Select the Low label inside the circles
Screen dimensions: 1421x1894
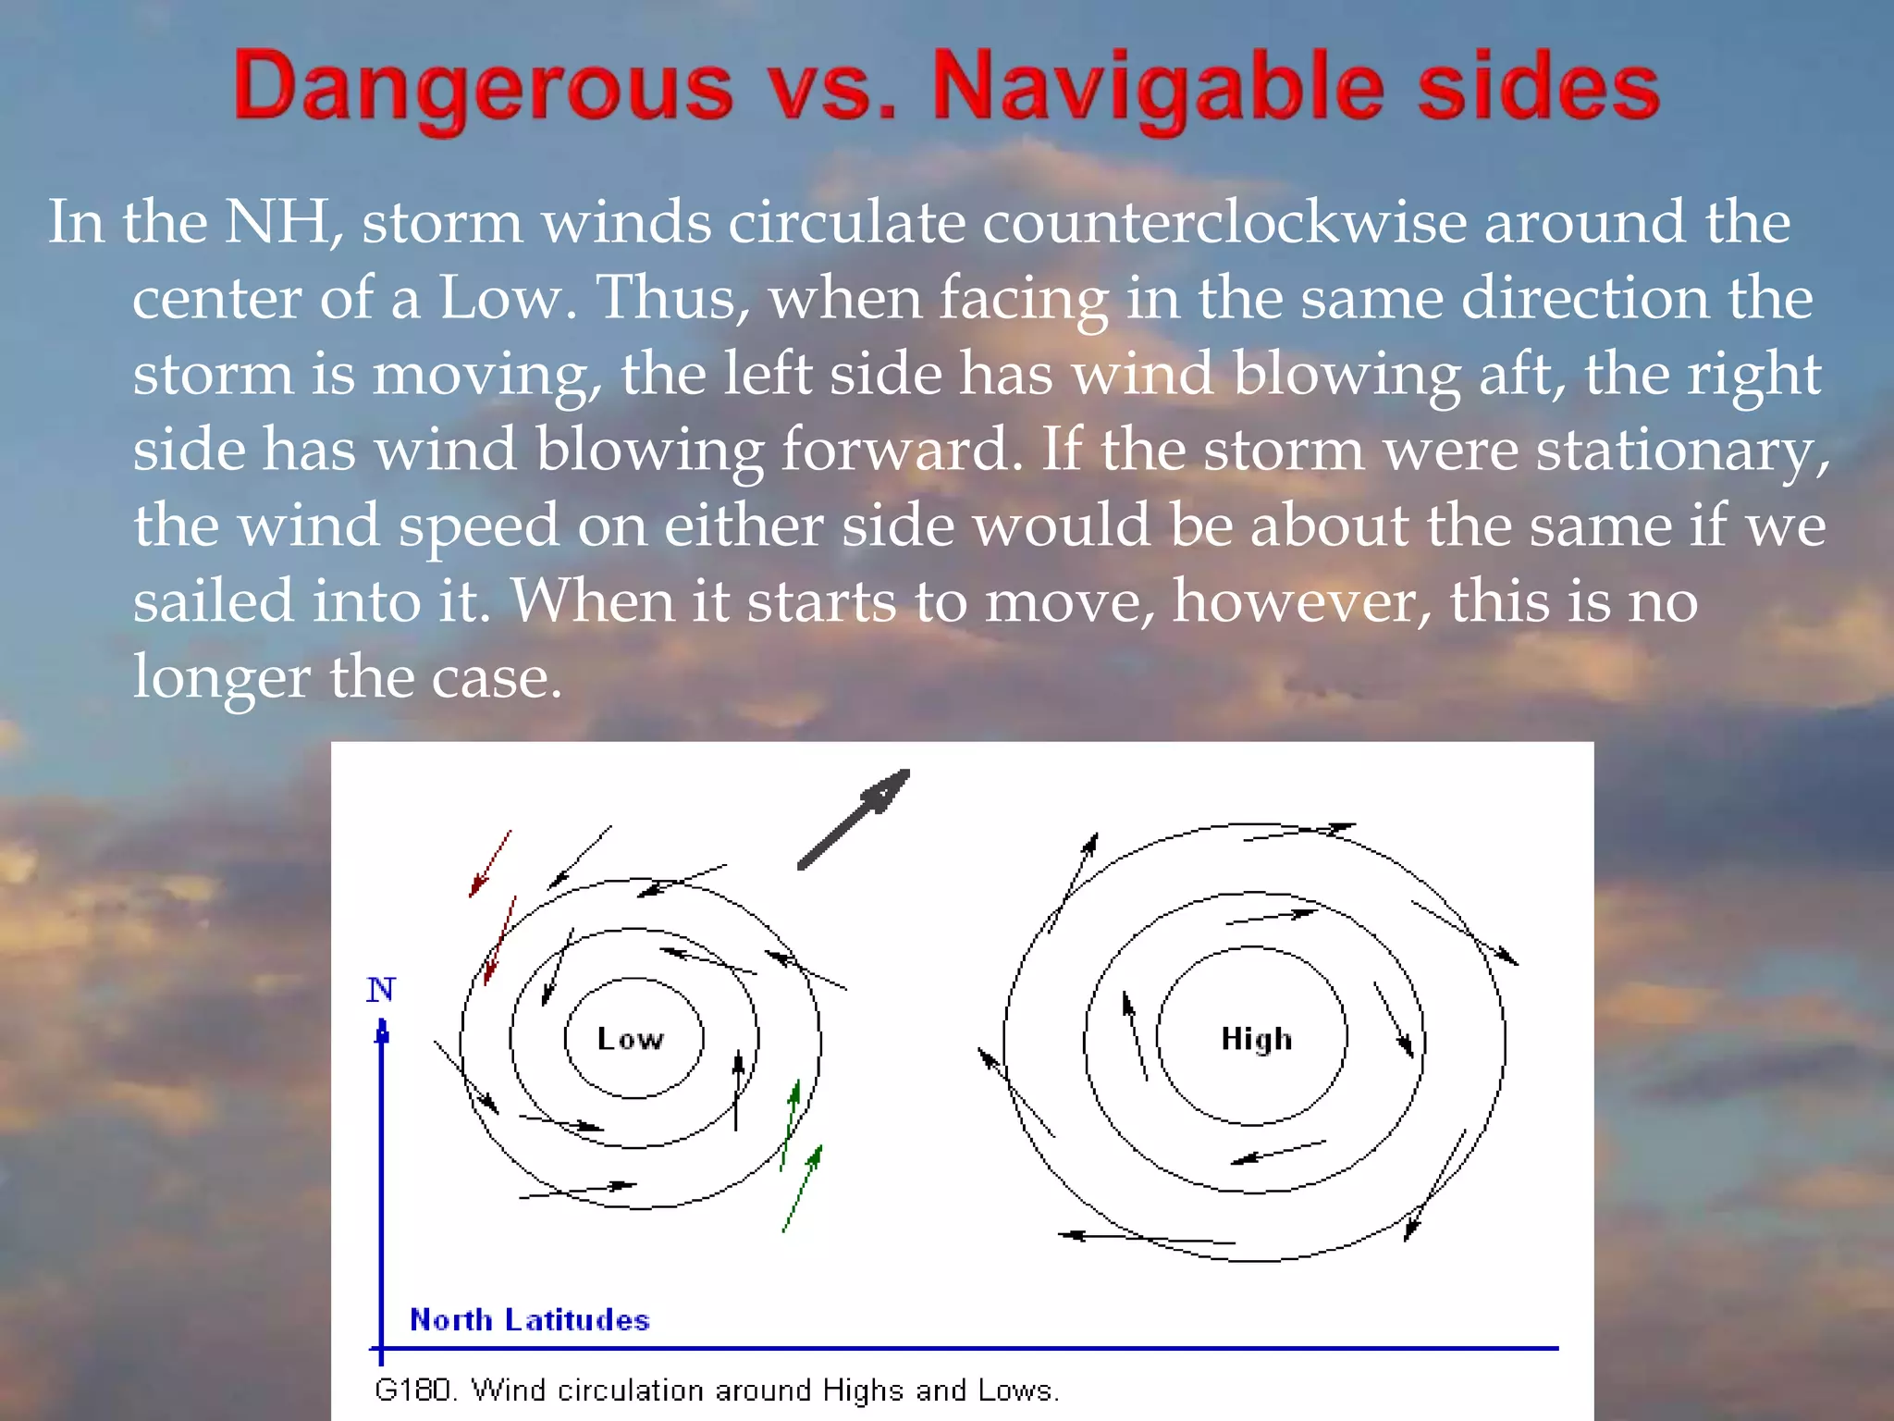(x=630, y=1039)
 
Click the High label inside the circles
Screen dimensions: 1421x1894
(x=1256, y=1039)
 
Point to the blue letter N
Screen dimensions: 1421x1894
(x=380, y=990)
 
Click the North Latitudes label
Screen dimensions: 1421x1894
(x=529, y=1319)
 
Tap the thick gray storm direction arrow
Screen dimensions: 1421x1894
(x=853, y=819)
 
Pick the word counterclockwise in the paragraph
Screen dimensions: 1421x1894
(x=1224, y=222)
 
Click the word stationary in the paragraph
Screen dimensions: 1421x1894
(x=1681, y=451)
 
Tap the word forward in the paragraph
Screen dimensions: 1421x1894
(x=894, y=451)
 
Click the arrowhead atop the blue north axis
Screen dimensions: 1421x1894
(x=382, y=1029)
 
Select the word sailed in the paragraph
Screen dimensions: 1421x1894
(x=214, y=601)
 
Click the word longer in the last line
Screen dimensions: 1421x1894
(x=221, y=678)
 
